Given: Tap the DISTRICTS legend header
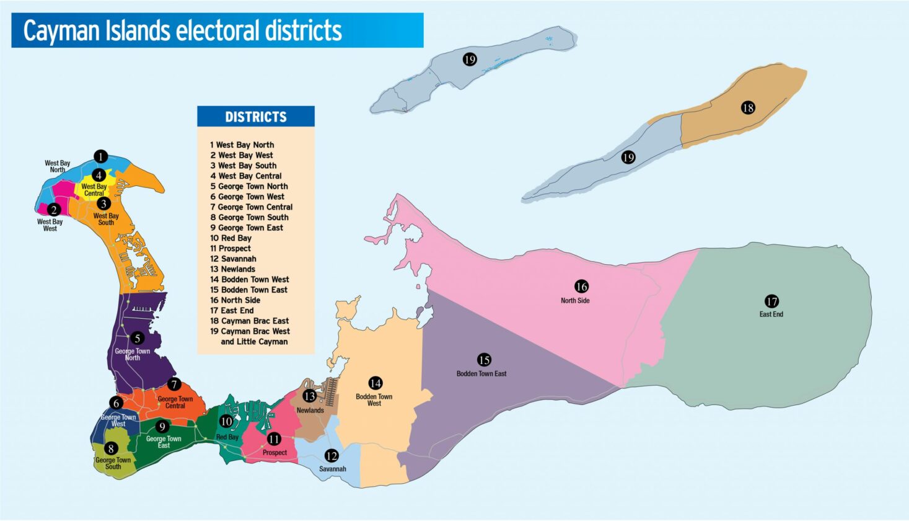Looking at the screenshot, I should click(255, 117).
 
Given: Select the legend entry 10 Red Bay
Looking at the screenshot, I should click(231, 238).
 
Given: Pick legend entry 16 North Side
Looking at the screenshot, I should click(235, 300).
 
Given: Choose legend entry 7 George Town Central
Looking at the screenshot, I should click(251, 207).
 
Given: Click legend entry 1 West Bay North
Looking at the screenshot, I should click(242, 145).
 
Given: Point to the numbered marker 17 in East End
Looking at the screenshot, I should click(771, 301).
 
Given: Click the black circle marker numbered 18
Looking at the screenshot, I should click(748, 108).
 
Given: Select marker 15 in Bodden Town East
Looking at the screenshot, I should click(484, 360).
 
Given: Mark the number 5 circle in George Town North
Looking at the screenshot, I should click(137, 339).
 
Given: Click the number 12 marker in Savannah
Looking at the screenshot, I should click(332, 456).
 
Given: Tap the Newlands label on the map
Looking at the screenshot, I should click(310, 411).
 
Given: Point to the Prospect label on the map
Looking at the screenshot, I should click(274, 453).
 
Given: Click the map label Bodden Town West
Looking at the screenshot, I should click(374, 400).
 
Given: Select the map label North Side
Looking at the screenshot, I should click(575, 301).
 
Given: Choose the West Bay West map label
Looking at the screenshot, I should click(50, 225).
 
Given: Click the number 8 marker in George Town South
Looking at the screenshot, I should click(112, 448).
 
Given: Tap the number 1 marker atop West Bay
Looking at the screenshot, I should click(101, 157).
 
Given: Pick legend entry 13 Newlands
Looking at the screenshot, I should click(233, 269).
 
